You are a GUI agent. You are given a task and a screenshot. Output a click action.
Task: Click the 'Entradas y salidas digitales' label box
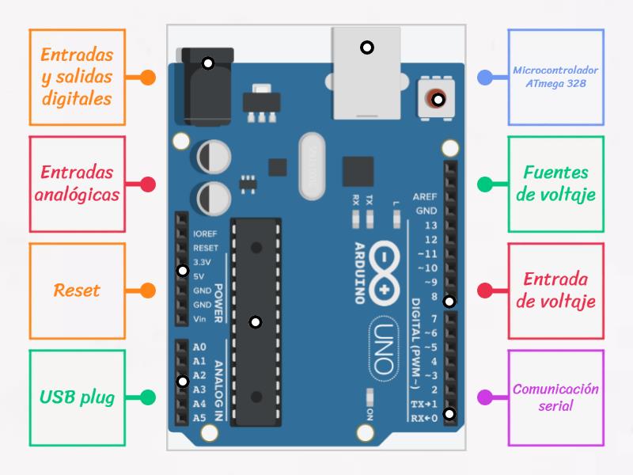click(x=77, y=77)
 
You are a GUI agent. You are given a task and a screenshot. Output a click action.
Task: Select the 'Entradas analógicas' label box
click(x=77, y=184)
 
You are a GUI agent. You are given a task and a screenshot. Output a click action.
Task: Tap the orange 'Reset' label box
click(x=77, y=291)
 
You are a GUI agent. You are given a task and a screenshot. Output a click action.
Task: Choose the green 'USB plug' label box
click(x=77, y=397)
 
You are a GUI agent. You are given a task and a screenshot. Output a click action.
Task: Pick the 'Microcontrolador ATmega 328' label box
click(x=555, y=77)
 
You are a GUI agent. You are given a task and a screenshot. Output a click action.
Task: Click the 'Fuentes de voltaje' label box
click(x=555, y=184)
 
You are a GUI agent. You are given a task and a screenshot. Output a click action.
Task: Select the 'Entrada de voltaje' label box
click(x=555, y=291)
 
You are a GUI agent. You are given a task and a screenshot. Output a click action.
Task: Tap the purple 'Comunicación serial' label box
click(x=555, y=397)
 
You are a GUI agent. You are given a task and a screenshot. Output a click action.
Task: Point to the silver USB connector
click(x=366, y=71)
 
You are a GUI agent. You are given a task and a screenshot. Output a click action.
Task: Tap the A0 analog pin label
click(x=199, y=348)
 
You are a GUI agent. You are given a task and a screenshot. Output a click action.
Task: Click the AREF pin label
click(x=425, y=197)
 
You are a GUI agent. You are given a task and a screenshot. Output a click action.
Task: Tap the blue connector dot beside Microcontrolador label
click(x=486, y=78)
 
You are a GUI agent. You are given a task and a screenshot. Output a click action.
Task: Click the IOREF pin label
click(x=204, y=234)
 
